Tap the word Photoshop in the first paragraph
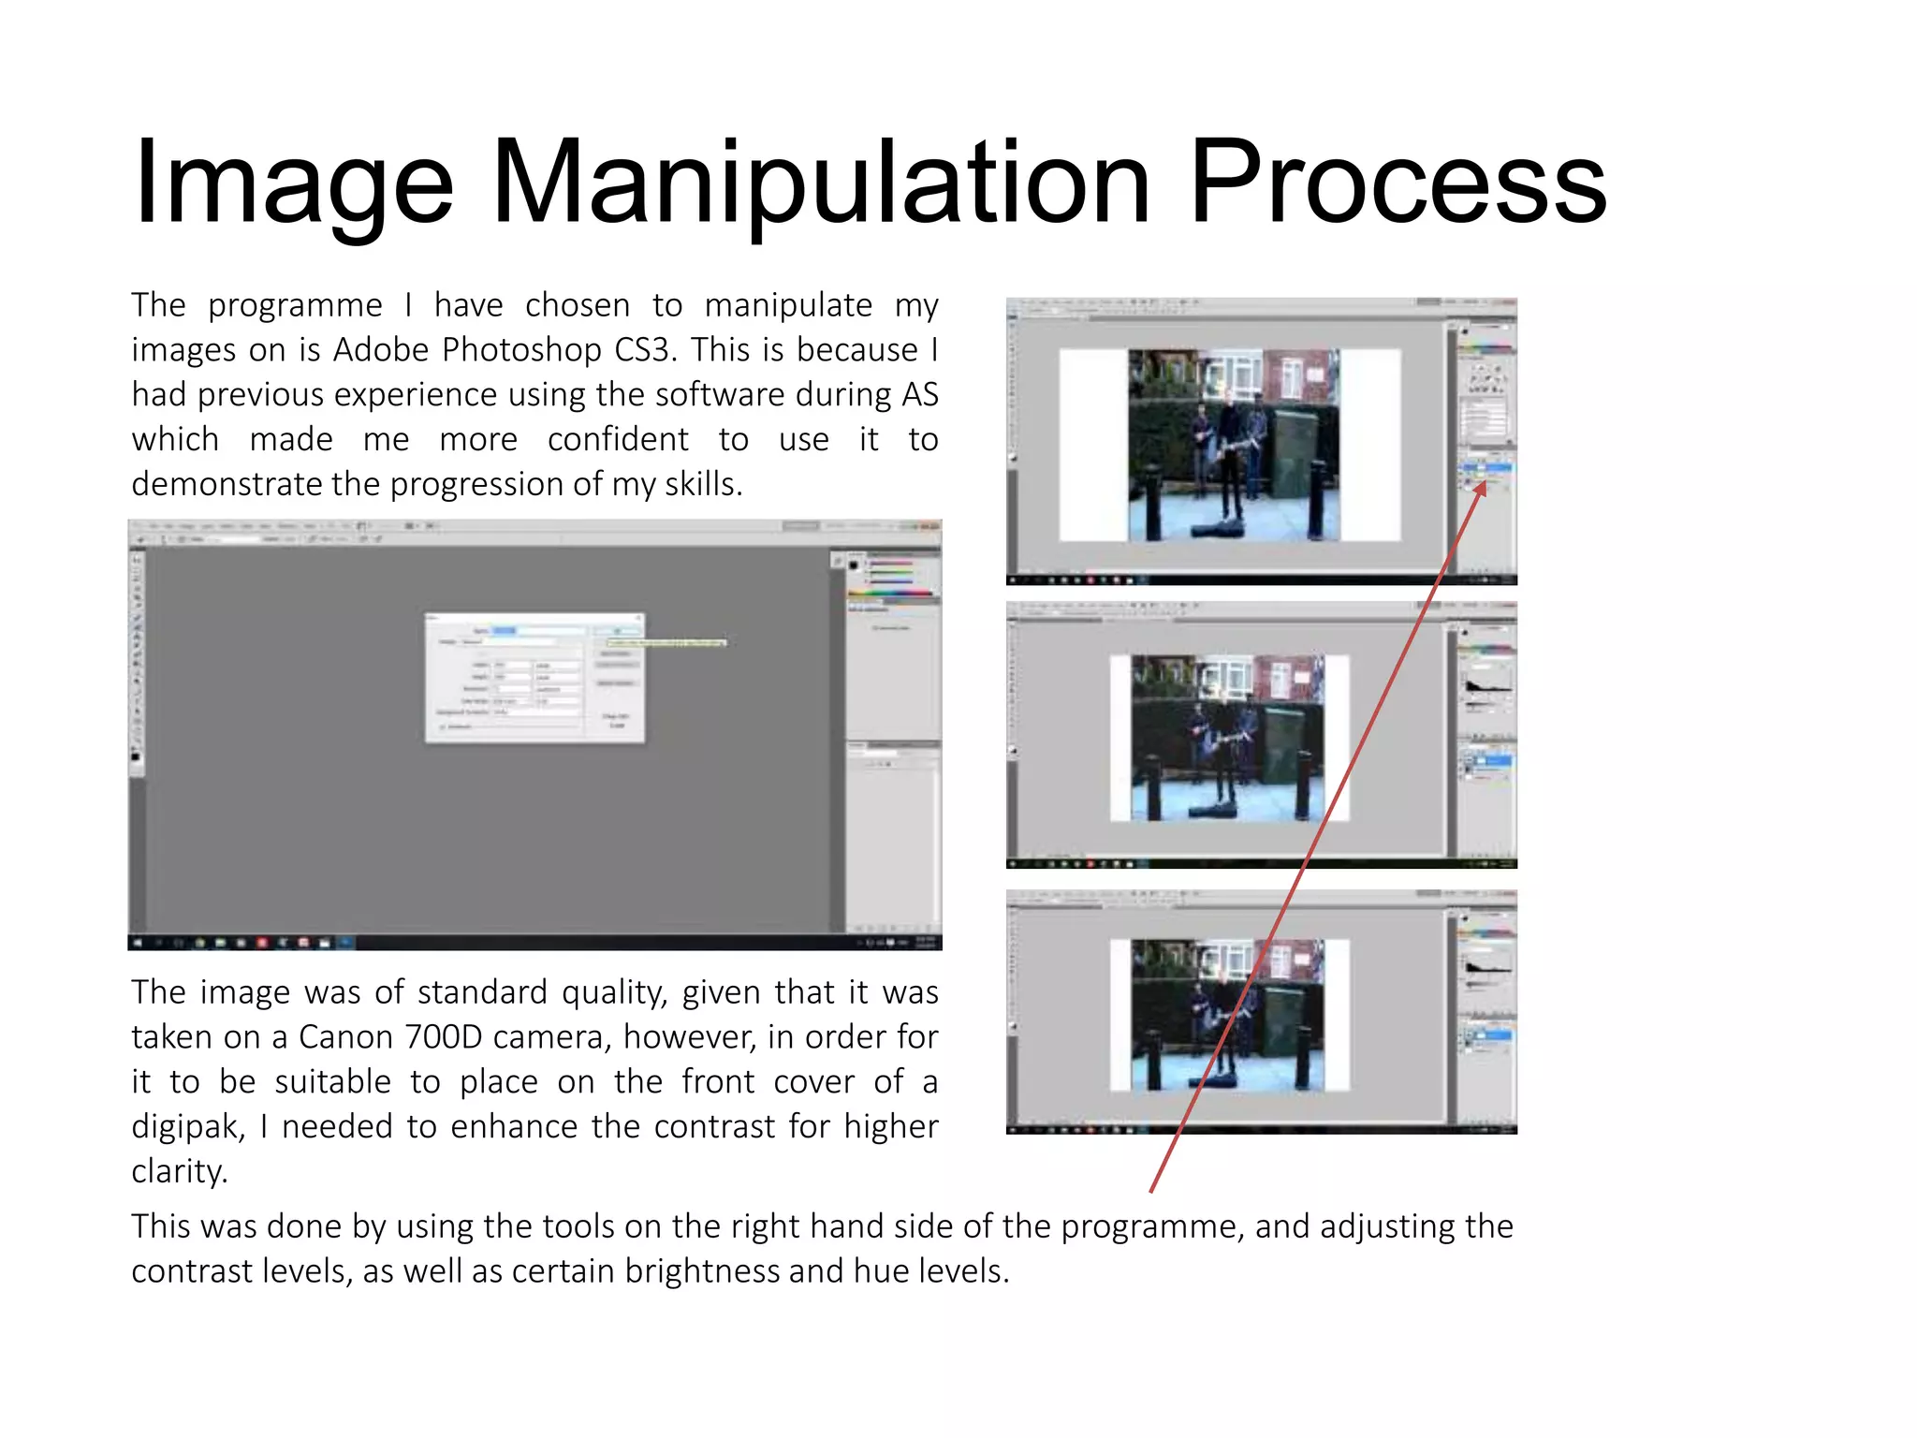click(521, 350)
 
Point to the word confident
click(618, 440)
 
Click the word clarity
click(179, 1172)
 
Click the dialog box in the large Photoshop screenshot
click(534, 679)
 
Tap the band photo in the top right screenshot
click(1234, 446)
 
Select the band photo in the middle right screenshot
click(1228, 739)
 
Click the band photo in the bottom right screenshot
click(1228, 1016)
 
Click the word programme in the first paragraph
click(295, 306)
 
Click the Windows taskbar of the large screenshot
click(534, 942)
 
